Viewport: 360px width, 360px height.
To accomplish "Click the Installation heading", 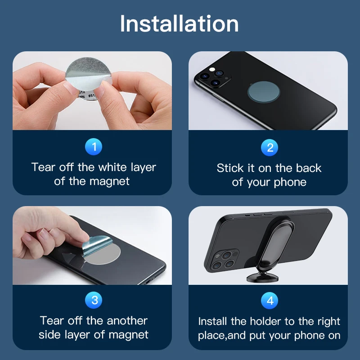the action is click(x=179, y=24).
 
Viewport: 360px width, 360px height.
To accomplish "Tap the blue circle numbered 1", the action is click(x=94, y=147).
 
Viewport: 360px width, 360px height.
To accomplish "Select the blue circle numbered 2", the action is click(x=270, y=148).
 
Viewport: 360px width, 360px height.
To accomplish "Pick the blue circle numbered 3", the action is click(x=94, y=300).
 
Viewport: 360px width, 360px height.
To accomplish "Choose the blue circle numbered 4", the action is click(x=270, y=301).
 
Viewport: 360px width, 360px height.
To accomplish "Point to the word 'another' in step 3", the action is click(x=127, y=321).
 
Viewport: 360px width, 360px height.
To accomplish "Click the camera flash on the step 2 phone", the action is click(x=212, y=69).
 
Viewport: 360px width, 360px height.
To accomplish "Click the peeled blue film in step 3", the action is click(x=97, y=245).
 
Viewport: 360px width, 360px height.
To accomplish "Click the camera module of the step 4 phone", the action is click(x=222, y=260).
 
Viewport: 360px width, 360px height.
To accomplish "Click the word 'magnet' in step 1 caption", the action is click(x=109, y=181).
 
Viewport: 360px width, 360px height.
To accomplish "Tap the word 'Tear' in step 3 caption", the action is click(x=52, y=321).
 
